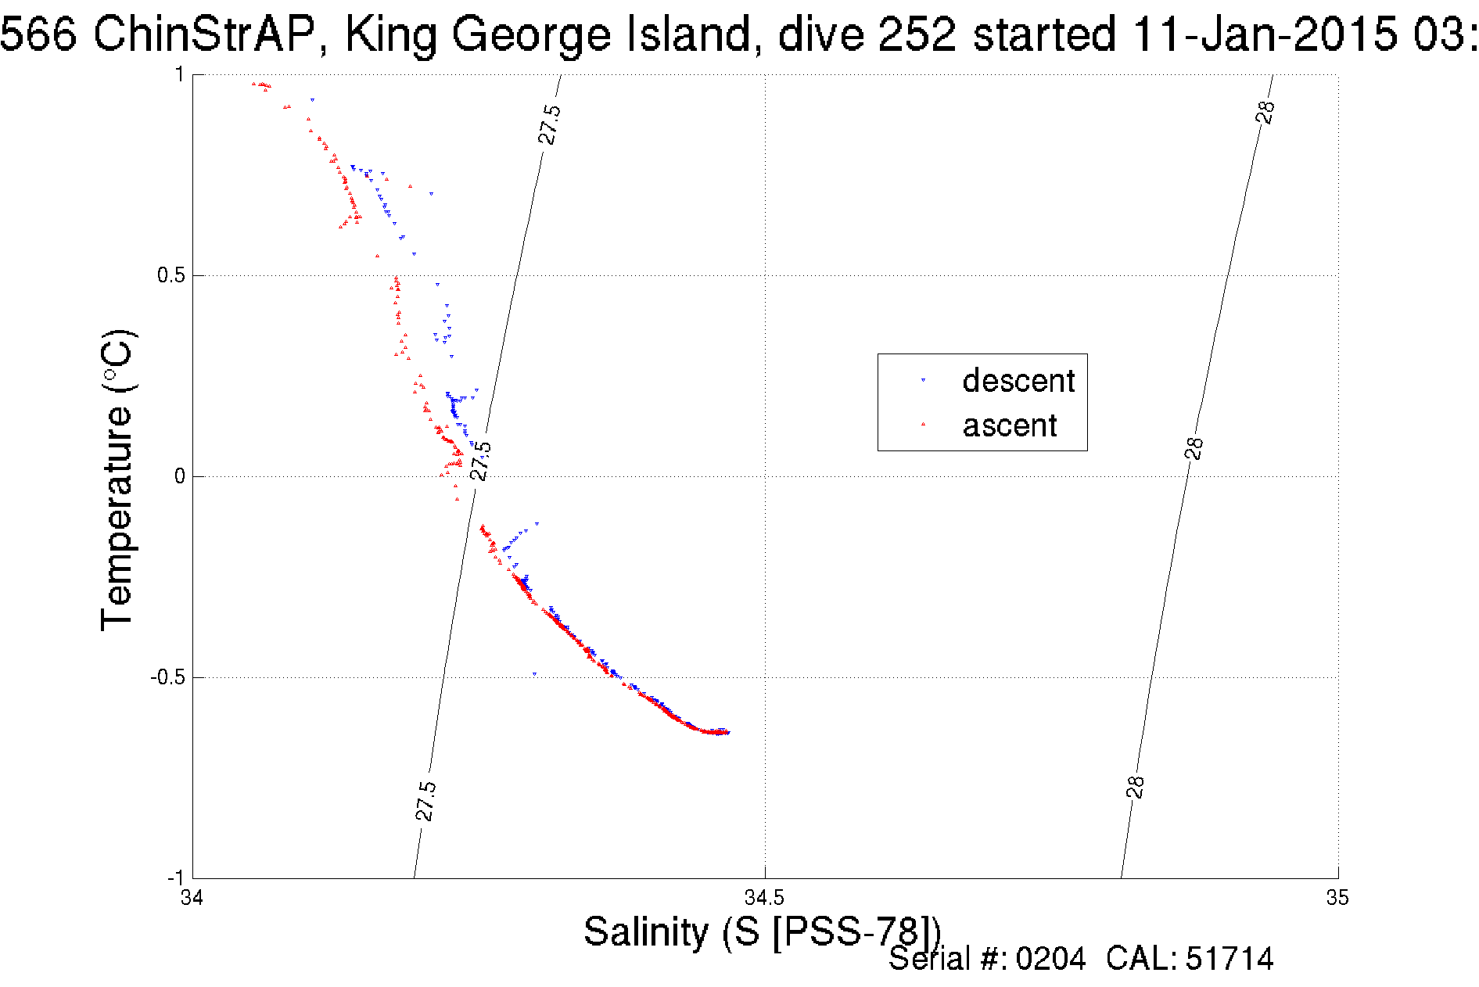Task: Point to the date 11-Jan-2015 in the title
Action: coord(1264,34)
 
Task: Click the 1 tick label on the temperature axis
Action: coord(179,74)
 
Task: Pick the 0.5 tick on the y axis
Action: coord(170,275)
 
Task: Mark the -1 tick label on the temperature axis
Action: coord(175,878)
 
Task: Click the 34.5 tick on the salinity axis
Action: coord(764,897)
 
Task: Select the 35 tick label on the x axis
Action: coord(1337,897)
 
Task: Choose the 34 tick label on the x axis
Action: coord(192,897)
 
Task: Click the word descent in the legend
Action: coord(1018,381)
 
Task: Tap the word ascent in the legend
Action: coord(1010,426)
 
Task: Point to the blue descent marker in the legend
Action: coord(923,380)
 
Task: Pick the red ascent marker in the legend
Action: coord(923,425)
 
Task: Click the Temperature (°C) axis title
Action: coord(118,479)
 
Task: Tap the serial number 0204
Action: coord(1050,959)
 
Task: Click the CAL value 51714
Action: coord(1230,959)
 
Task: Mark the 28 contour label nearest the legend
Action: coord(1194,448)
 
